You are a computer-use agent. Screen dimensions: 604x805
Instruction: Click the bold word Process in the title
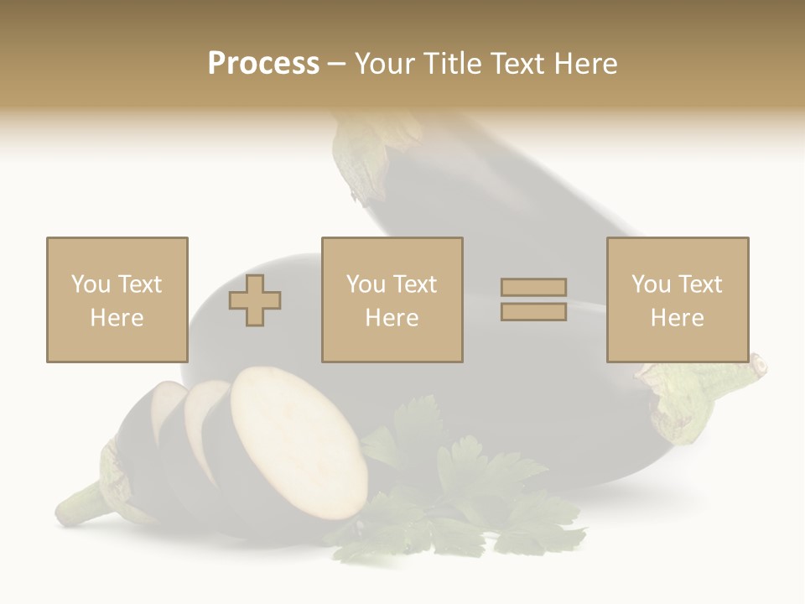tap(263, 64)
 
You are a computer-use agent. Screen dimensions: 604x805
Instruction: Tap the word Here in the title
tap(583, 64)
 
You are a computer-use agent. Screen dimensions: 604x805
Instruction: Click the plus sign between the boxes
tap(255, 300)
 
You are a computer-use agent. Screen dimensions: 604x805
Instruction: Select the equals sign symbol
tap(533, 299)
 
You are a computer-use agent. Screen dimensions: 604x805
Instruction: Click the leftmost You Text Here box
tap(117, 299)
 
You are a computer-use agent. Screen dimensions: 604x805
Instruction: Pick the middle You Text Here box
tap(392, 299)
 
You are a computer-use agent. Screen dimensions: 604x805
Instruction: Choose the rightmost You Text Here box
tap(677, 299)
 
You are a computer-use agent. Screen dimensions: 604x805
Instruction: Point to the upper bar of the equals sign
tap(533, 287)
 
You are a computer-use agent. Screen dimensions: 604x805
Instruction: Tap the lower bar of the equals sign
tap(533, 311)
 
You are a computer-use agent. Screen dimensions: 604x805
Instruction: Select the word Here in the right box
tap(677, 318)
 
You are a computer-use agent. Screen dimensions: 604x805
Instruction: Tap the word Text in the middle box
tap(415, 284)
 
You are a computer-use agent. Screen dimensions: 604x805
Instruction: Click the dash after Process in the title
tap(336, 64)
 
